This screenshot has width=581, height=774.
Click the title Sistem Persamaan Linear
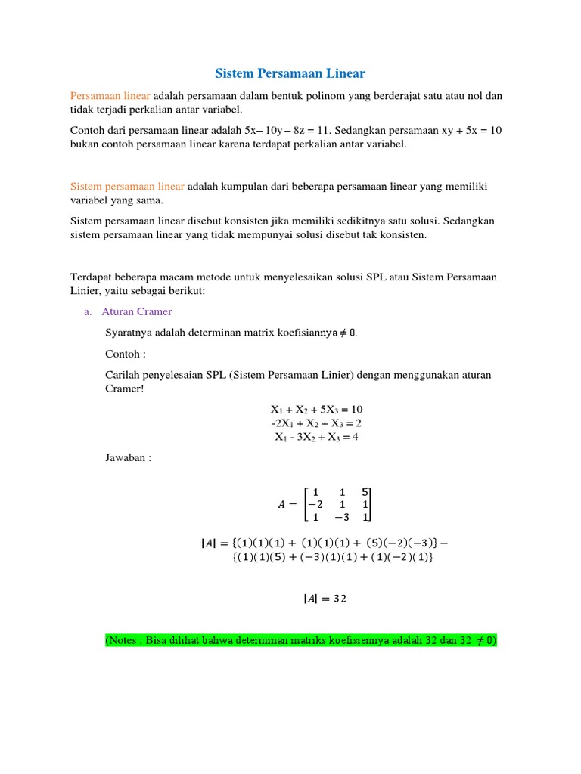[290, 73]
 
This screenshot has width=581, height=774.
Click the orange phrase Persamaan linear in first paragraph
[110, 96]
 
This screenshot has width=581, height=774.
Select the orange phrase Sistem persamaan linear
[127, 186]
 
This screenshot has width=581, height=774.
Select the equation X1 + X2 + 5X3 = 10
[312, 409]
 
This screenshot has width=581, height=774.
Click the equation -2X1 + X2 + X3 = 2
[312, 423]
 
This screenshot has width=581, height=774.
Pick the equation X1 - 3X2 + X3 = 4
[312, 437]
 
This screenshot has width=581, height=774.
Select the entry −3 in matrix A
[341, 518]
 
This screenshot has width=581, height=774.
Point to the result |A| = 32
[325, 599]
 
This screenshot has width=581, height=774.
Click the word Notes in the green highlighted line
[128, 640]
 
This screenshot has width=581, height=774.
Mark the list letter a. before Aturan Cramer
[88, 311]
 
